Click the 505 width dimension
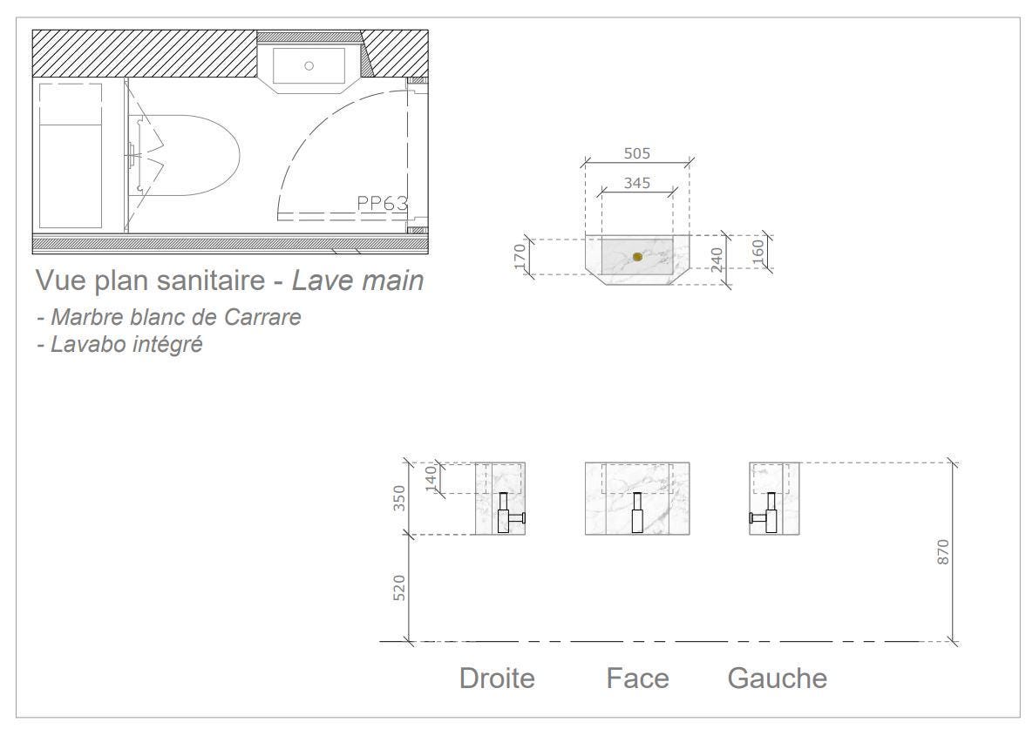tap(636, 153)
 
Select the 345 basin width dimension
tap(636, 183)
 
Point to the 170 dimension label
tap(520, 256)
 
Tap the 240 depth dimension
tap(717, 260)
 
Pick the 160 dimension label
tap(757, 252)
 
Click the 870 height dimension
tap(943, 552)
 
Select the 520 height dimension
tap(399, 588)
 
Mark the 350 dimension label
tap(399, 498)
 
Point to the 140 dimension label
tap(431, 478)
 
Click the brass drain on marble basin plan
tap(638, 257)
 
